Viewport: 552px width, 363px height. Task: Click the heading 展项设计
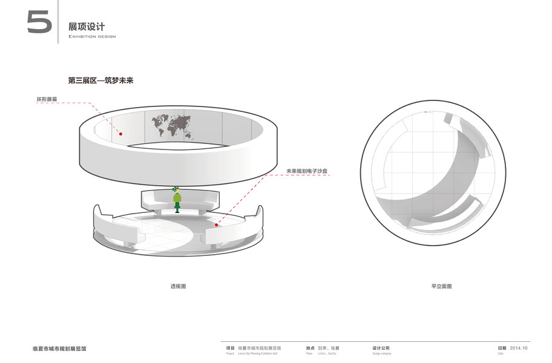[x=87, y=27]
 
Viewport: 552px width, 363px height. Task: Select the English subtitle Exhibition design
[x=92, y=36]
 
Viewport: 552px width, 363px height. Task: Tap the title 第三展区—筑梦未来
[x=100, y=80]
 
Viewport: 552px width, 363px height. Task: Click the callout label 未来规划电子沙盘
[x=307, y=171]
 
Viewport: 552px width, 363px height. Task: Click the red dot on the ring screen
[x=120, y=134]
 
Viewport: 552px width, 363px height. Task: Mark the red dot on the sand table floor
[x=215, y=224]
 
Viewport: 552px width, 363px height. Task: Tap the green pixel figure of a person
[x=177, y=199]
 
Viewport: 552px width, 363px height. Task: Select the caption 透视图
[x=177, y=286]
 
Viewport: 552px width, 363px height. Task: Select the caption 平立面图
[x=441, y=286]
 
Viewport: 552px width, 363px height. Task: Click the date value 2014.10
[x=519, y=348]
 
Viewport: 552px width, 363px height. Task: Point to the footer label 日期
[x=502, y=348]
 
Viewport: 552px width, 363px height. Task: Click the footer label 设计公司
[x=381, y=348]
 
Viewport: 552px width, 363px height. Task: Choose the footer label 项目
[x=230, y=348]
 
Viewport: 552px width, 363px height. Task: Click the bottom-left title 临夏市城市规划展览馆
[x=59, y=348]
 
